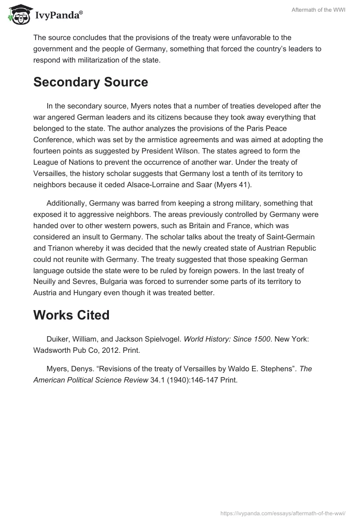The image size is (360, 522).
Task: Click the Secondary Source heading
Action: [x=90, y=82]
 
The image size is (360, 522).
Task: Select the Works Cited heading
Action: [x=71, y=315]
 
